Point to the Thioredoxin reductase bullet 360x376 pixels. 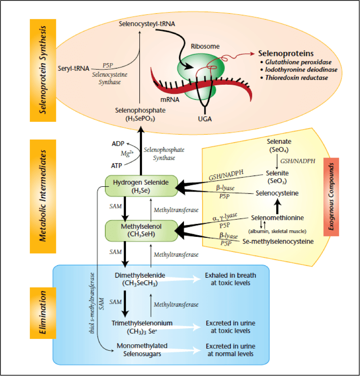click(292, 78)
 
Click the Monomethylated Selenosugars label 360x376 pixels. click(142, 349)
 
